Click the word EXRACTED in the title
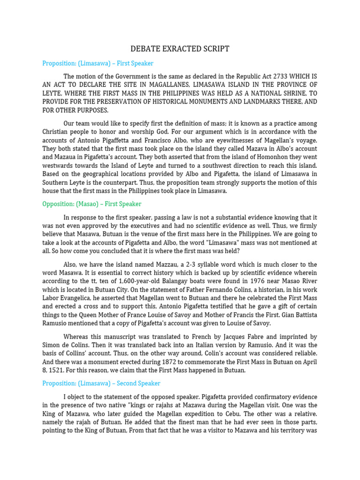pyautogui.click(x=180, y=49)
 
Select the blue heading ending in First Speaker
pyautogui.click(x=97, y=63)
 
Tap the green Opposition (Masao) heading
pyautogui.click(x=91, y=204)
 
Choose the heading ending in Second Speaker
pyautogui.click(x=101, y=383)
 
